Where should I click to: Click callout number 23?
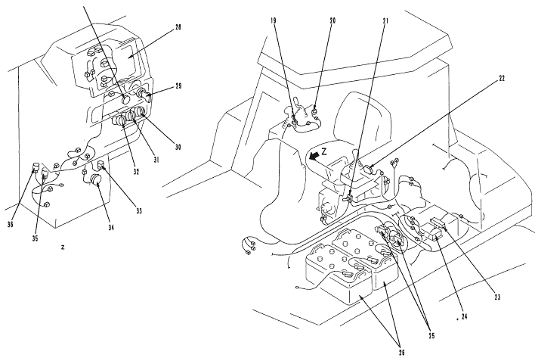[x=497, y=297]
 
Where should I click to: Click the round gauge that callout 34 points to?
[x=97, y=180]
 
